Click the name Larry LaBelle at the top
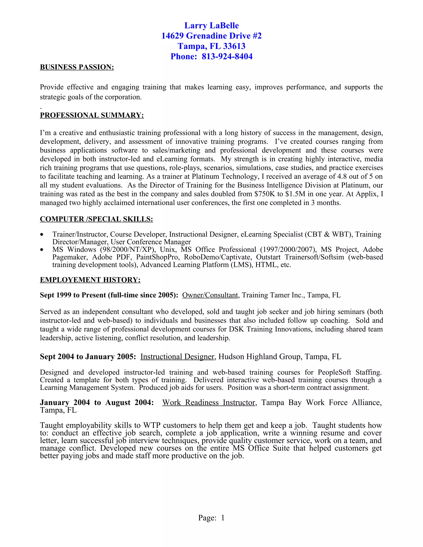point(211,26)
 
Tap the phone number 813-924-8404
point(227,57)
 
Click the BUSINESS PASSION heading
point(77,67)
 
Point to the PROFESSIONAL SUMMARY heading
point(92,115)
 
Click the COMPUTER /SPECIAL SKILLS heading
point(96,219)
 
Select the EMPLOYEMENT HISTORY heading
point(90,280)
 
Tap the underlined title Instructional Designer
point(177,357)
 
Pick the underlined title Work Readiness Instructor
point(208,403)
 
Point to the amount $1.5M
point(295,194)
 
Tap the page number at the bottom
point(222,518)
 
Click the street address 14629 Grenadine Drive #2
point(211,36)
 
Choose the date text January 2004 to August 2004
point(97,403)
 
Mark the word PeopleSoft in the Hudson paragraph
point(334,372)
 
